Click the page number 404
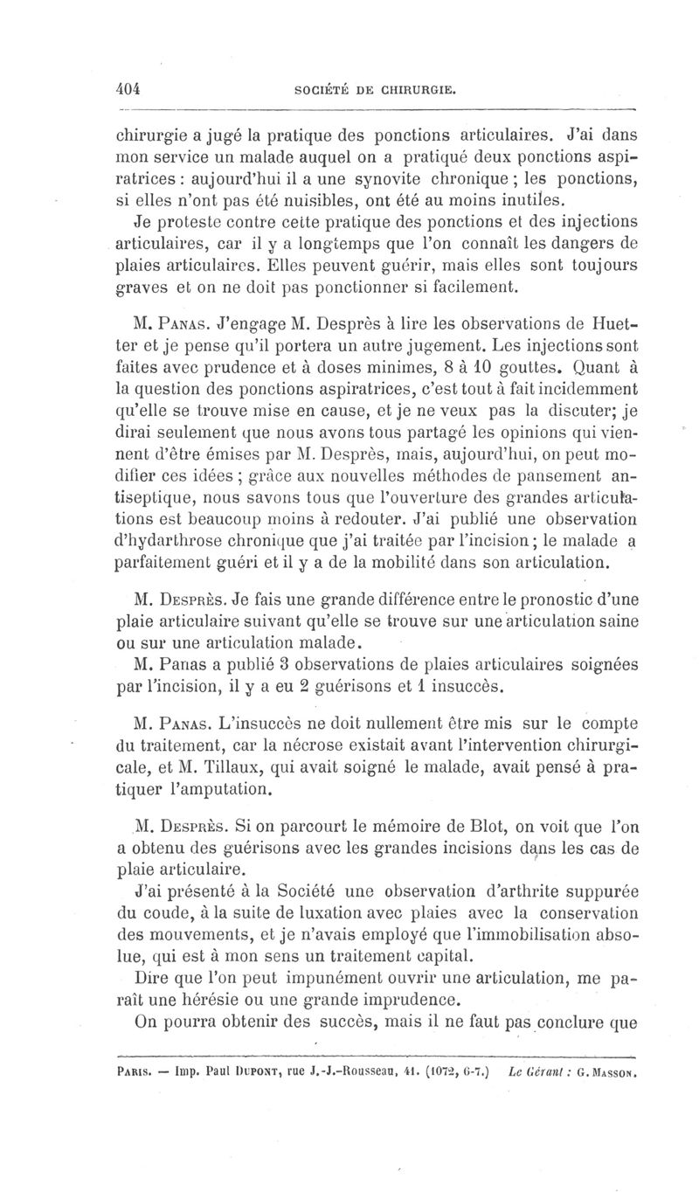pyautogui.click(x=128, y=88)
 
